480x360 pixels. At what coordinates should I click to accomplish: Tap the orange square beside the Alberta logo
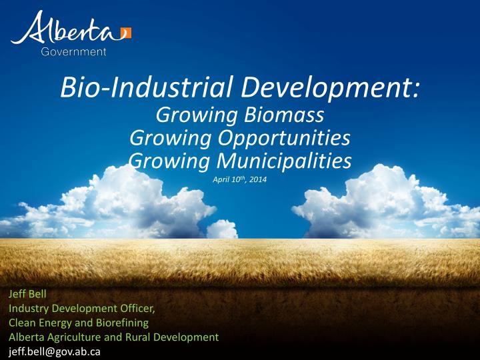click(127, 33)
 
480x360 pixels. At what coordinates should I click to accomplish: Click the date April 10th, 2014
click(239, 179)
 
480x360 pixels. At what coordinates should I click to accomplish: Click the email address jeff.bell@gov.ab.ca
click(53, 352)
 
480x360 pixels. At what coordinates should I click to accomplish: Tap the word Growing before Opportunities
click(161, 138)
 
